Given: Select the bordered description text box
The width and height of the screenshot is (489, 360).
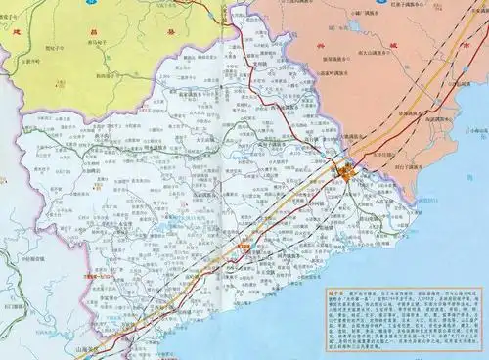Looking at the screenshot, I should click(x=404, y=322).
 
